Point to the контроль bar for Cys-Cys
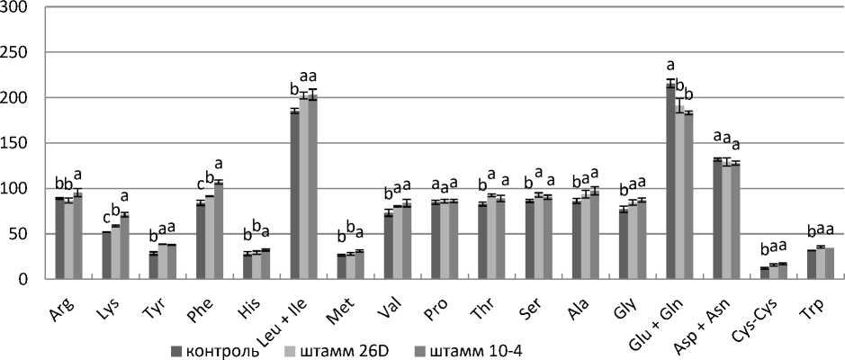(765, 273)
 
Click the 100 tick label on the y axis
(20, 188)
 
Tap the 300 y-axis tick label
(20, 7)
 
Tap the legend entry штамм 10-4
(474, 350)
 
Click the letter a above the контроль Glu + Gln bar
(670, 65)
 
